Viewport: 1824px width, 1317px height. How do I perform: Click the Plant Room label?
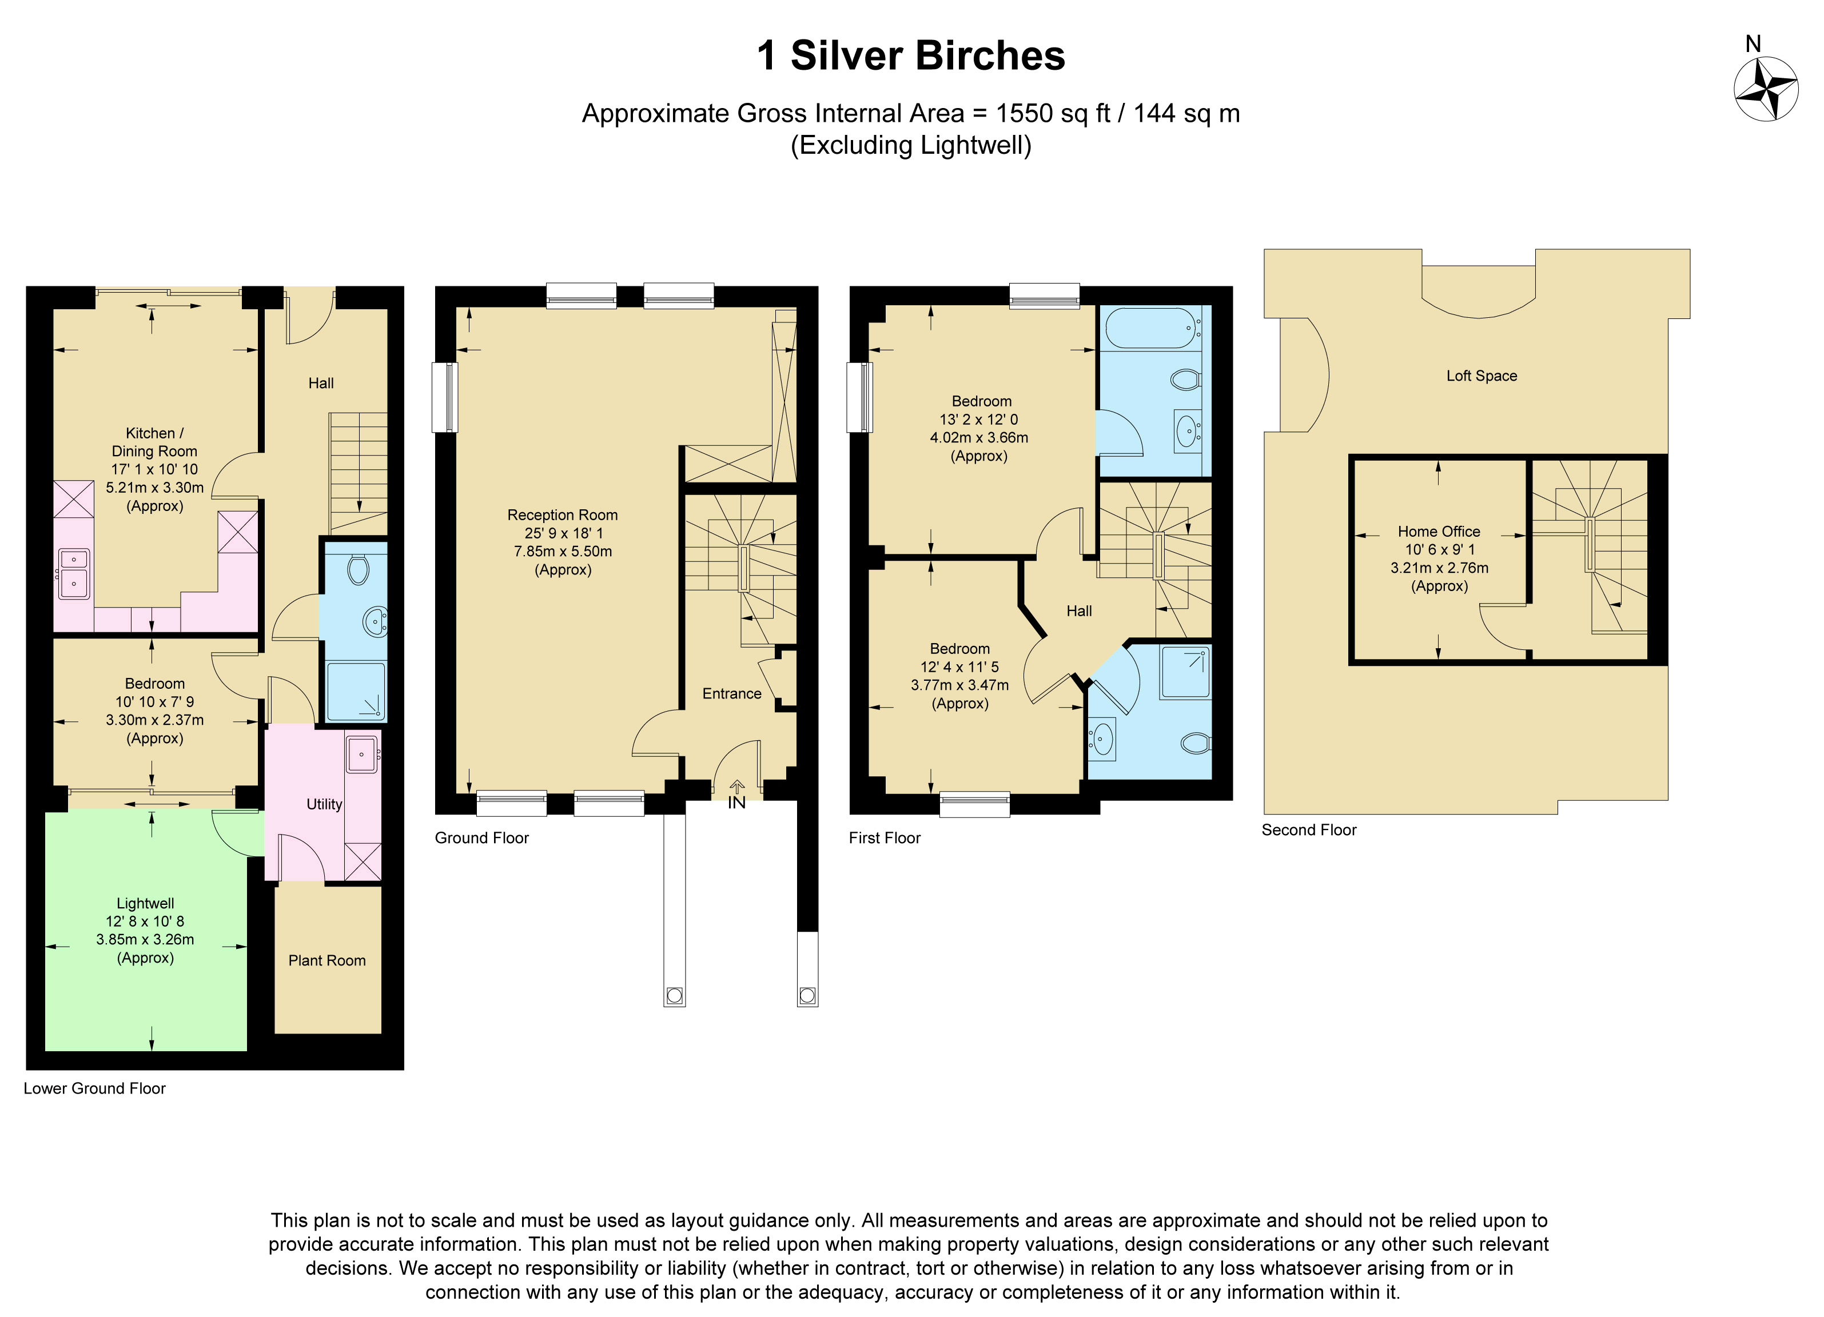point(326,961)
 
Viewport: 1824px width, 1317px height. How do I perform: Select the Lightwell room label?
point(146,903)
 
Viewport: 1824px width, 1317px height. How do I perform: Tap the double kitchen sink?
point(73,573)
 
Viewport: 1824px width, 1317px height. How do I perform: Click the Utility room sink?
point(363,753)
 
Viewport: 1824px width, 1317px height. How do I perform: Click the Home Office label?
point(1439,532)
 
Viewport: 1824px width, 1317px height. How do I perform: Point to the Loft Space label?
point(1481,376)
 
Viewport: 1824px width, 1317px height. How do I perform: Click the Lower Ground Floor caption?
point(94,1089)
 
